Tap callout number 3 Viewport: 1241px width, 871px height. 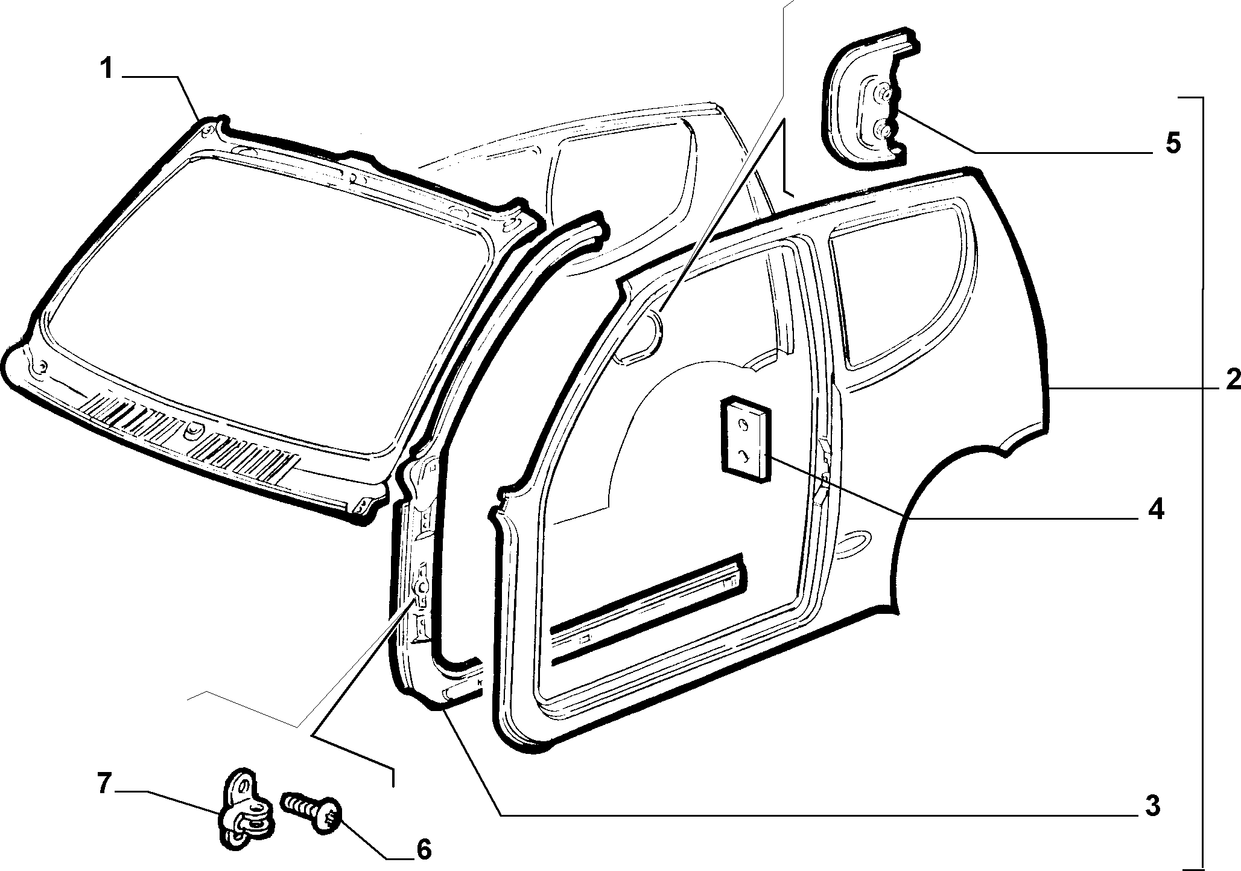click(x=1152, y=806)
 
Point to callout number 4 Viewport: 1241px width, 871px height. click(x=1155, y=510)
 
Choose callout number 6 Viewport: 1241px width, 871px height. click(x=424, y=850)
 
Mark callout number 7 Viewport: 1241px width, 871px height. click(x=104, y=785)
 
